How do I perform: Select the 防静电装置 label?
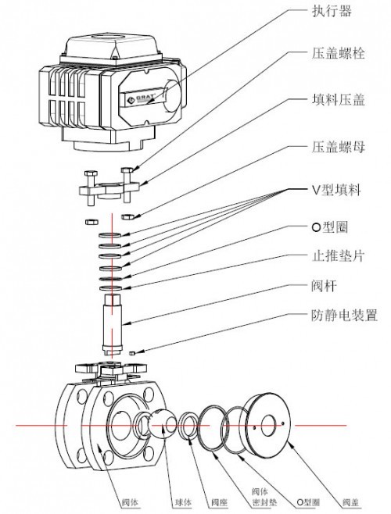point(340,316)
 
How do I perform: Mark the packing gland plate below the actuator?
point(107,188)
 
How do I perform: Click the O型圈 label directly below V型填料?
point(325,227)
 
